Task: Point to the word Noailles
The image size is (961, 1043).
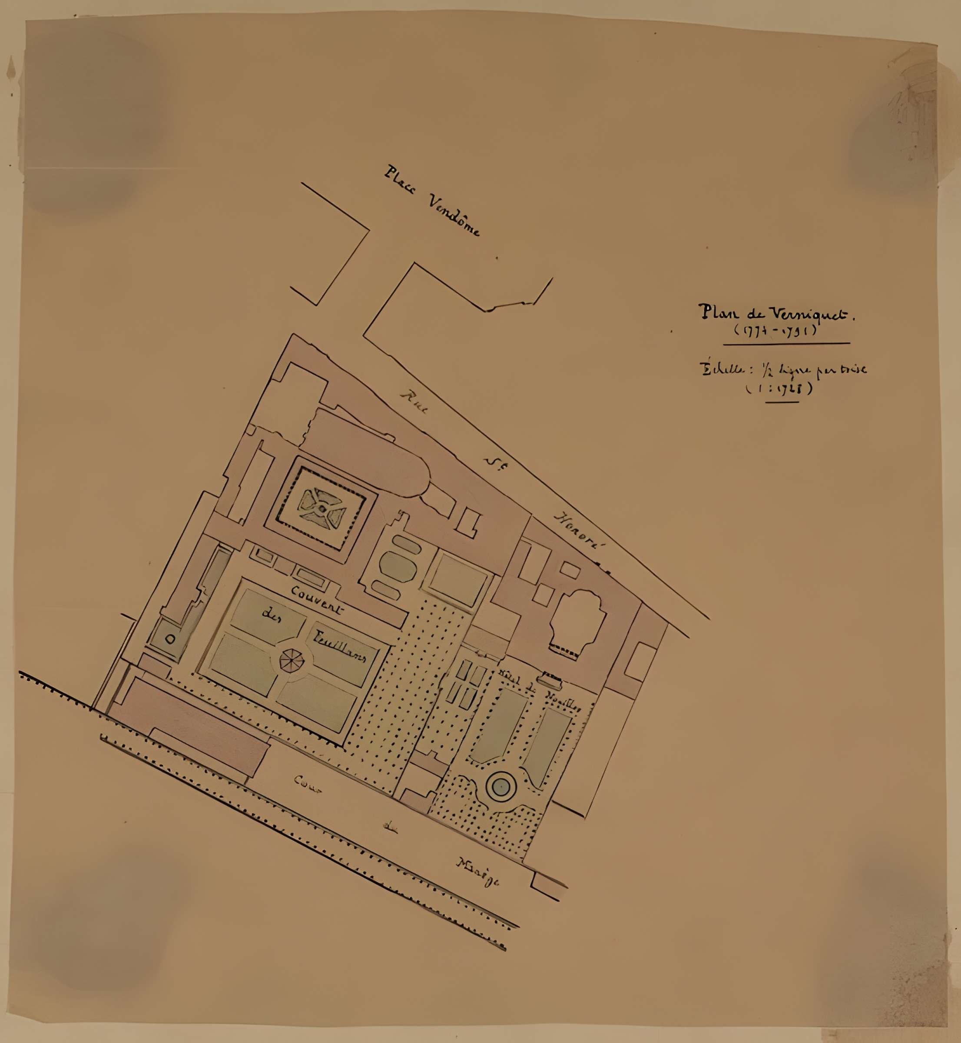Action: (563, 702)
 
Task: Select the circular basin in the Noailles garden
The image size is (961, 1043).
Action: (500, 789)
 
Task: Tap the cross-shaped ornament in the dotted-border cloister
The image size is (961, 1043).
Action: (322, 507)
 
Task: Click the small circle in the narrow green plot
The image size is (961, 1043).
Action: (170, 640)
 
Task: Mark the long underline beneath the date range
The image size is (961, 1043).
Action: (786, 343)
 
